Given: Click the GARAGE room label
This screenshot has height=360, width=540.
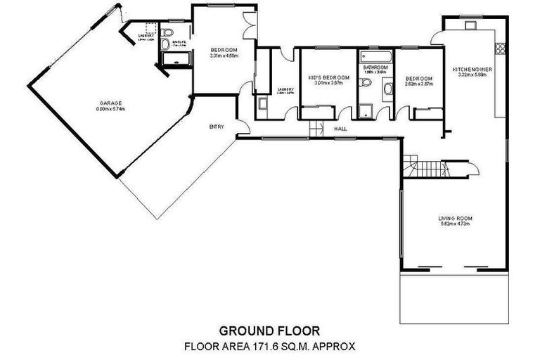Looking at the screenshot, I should click(x=105, y=103).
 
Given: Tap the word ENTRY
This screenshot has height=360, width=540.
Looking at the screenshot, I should click(x=216, y=127).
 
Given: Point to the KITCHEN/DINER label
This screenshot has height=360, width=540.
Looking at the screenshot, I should click(x=472, y=69).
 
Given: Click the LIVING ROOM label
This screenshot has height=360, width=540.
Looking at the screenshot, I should click(x=456, y=219).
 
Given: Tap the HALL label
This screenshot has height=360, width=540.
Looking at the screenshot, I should click(x=341, y=129).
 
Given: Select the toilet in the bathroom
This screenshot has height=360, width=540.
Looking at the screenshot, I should click(x=364, y=84).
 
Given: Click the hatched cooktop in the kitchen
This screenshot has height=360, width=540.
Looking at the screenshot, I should click(x=501, y=48).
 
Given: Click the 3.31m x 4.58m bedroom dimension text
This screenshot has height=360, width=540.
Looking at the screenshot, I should click(x=224, y=56).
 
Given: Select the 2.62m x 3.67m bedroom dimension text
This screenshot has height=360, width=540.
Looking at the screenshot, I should click(x=419, y=84).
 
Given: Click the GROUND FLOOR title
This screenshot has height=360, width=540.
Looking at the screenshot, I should click(x=270, y=330).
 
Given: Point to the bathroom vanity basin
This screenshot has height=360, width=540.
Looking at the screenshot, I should click(x=388, y=89).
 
